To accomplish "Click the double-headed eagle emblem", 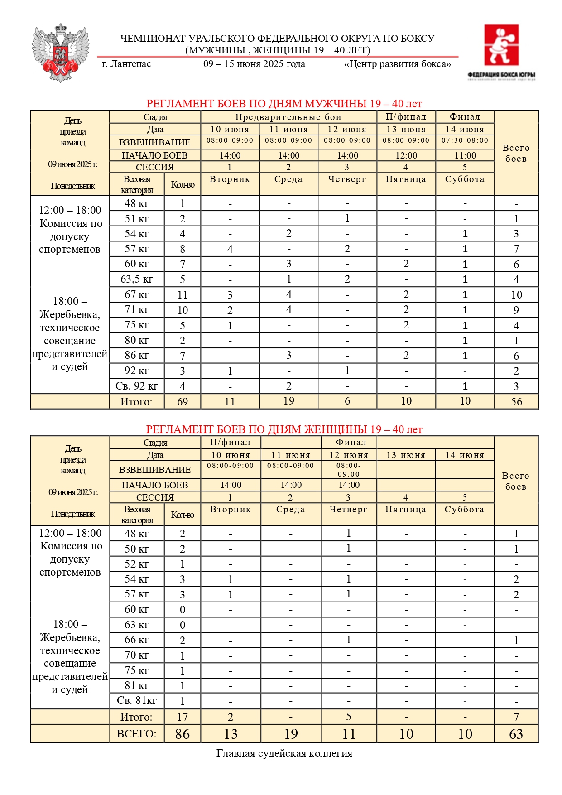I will (60, 53).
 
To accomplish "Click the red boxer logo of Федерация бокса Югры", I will (501, 45).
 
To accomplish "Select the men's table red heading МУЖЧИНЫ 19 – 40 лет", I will (284, 104).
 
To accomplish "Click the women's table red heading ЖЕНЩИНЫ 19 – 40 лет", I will (284, 429).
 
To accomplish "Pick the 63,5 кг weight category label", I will (136, 279).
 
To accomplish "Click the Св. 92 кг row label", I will (136, 386).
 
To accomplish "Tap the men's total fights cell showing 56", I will (516, 401).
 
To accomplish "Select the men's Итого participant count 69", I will (182, 401).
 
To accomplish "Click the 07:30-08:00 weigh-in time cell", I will (465, 140).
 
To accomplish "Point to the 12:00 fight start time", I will (406, 155).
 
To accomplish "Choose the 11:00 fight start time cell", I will (465, 155).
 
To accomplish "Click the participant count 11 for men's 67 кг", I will (182, 295).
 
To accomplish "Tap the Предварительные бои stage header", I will (288, 117).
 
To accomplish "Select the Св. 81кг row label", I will (136, 700).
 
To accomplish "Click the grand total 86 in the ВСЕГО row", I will (182, 734).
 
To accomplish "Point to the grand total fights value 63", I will (516, 734).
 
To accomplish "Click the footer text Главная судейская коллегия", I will (284, 753).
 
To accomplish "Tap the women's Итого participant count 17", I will (182, 717).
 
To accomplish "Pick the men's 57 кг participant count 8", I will (182, 249).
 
